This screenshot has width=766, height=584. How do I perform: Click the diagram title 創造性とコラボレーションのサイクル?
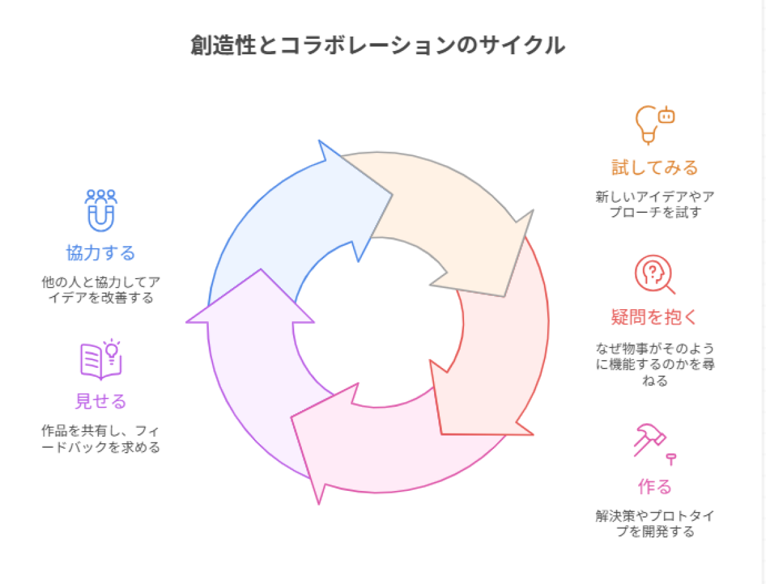pos(377,46)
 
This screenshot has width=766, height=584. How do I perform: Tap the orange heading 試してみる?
pos(654,168)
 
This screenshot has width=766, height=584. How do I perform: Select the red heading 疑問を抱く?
pos(654,316)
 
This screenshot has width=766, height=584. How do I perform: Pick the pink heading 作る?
pos(654,487)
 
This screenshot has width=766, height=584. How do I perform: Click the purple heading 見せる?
pos(101,401)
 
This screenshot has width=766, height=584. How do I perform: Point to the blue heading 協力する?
pos(101,253)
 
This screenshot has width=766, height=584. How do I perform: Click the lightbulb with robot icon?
pos(654,125)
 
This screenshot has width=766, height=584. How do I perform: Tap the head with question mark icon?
pos(654,275)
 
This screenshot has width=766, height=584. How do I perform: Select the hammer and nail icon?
pos(654,442)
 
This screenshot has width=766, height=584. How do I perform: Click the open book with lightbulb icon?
pos(101,358)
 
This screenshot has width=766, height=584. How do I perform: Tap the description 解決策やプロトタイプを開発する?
pos(654,523)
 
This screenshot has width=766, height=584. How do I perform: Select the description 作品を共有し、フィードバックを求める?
pos(101,439)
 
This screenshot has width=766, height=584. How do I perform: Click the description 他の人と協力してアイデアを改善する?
pos(101,289)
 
